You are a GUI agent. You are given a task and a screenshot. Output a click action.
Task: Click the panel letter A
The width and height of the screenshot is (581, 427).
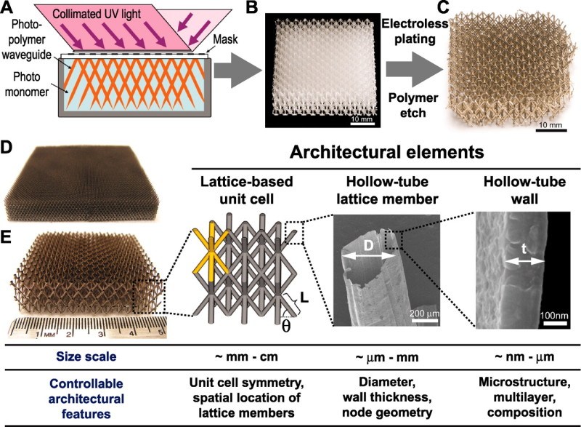[9, 8]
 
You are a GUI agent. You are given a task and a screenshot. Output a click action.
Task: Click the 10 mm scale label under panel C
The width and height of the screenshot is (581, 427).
[549, 127]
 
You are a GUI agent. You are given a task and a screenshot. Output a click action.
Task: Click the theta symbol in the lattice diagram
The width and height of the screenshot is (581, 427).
[287, 325]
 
